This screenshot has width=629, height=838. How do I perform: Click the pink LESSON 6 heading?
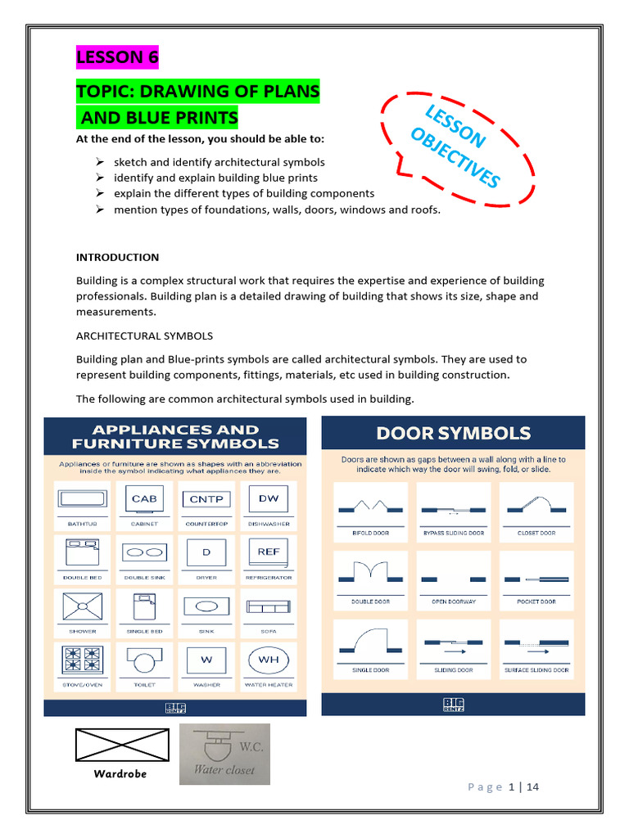[x=117, y=58]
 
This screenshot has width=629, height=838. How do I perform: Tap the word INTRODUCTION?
[x=117, y=257]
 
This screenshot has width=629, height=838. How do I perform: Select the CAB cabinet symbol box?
[x=144, y=498]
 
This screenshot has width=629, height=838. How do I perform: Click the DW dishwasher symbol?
[x=269, y=498]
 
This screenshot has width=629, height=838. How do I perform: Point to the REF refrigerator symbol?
[x=269, y=552]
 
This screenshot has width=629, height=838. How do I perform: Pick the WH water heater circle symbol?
[x=269, y=660]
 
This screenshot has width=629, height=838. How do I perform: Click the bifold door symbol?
[x=371, y=505]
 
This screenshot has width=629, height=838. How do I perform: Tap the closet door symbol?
[x=536, y=505]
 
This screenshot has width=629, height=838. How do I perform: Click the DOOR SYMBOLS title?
[x=453, y=434]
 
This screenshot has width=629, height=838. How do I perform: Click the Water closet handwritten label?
[x=224, y=769]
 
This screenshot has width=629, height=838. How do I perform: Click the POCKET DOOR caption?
[x=536, y=601]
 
